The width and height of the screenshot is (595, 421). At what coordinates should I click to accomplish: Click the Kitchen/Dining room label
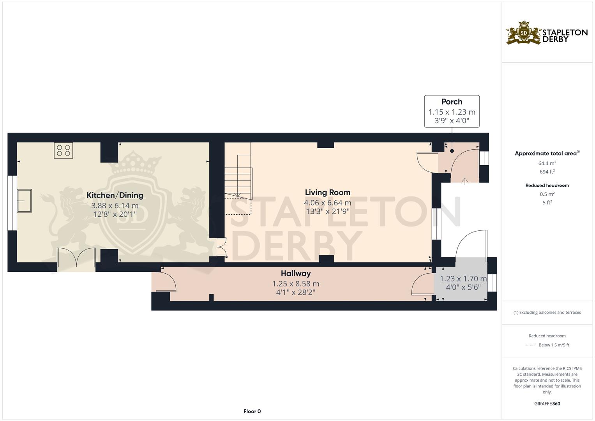115,195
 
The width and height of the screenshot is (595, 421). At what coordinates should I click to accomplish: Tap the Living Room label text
327,192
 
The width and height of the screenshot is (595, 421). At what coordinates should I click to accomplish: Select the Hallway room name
295,273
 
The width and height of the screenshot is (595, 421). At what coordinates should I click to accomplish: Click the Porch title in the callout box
452,102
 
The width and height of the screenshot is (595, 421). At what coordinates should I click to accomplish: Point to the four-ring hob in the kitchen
64,150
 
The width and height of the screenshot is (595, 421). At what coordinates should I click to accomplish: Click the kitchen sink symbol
24,201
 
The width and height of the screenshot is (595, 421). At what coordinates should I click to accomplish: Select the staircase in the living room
238,175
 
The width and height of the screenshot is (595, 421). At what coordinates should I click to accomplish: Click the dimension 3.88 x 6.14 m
115,206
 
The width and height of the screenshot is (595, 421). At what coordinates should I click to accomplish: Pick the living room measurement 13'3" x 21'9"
327,212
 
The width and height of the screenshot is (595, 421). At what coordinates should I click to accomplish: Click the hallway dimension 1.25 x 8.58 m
295,284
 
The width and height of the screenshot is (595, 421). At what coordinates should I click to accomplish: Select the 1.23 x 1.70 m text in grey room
463,279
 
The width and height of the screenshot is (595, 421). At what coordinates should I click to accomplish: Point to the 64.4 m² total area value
547,163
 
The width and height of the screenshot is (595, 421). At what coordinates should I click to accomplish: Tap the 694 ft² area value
547,172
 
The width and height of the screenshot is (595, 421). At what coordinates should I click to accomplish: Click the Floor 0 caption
252,411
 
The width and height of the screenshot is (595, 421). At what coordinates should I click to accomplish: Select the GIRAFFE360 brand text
547,404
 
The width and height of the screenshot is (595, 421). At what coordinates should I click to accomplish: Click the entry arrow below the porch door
465,180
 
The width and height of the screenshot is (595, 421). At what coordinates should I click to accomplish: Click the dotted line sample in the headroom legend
530,345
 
